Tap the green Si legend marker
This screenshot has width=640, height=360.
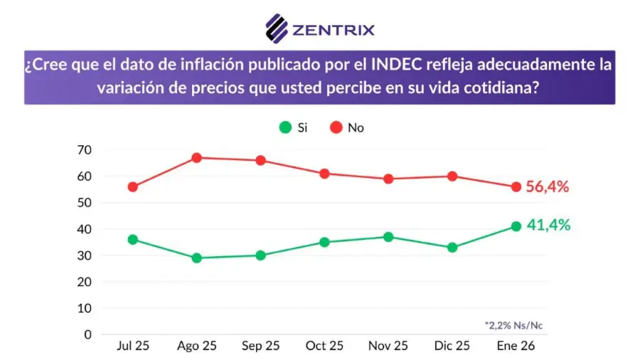(x=285, y=127)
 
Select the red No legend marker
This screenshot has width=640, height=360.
(x=336, y=127)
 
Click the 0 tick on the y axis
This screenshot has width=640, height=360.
(x=87, y=334)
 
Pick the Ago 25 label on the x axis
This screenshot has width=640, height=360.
(x=196, y=346)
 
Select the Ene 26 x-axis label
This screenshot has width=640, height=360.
(x=516, y=346)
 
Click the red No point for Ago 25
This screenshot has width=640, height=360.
(x=196, y=158)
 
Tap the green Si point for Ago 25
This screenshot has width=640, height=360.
(x=196, y=258)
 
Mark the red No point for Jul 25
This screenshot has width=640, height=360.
(x=132, y=186)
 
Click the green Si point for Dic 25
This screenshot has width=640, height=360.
(x=452, y=248)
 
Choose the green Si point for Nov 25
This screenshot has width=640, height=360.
(x=388, y=237)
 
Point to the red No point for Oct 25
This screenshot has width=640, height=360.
(x=324, y=174)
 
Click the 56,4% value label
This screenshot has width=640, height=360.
(x=548, y=187)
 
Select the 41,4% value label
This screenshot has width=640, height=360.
(x=548, y=226)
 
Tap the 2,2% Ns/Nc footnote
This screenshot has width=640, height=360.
(x=514, y=324)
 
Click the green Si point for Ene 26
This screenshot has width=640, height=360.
(x=516, y=226)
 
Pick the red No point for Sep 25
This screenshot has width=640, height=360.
(x=260, y=160)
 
